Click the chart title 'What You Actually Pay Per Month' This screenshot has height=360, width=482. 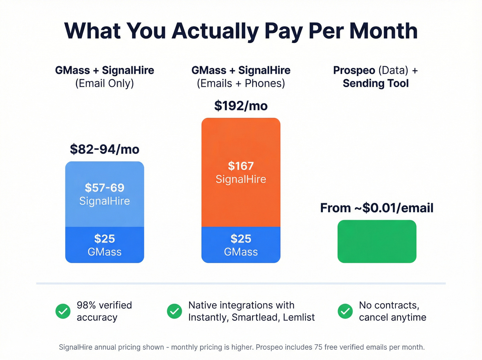tap(241, 31)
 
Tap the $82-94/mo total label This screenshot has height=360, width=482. tap(105, 150)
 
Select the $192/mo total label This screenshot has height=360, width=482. tap(241, 106)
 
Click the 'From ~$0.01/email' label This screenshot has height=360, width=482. tap(377, 208)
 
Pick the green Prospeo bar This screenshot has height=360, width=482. tap(377, 241)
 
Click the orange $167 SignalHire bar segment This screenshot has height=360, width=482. tap(241, 172)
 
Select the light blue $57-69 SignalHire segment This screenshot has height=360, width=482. tap(105, 194)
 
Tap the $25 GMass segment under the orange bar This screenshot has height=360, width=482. tap(241, 245)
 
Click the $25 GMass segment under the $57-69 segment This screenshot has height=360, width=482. tap(105, 245)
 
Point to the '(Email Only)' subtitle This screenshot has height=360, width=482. tap(105, 83)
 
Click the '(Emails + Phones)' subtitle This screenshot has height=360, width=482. tap(241, 83)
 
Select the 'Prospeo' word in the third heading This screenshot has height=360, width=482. tap(354, 70)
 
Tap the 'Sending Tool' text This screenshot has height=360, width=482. tap(376, 83)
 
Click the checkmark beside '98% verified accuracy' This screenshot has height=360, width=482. tap(63, 311)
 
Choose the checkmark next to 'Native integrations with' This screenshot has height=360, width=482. tap(175, 311)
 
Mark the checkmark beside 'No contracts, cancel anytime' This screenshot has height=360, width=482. tap(345, 311)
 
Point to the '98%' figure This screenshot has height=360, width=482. tap(86, 305)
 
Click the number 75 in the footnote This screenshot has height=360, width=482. tap(318, 347)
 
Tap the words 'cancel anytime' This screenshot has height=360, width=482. tap(392, 317)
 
